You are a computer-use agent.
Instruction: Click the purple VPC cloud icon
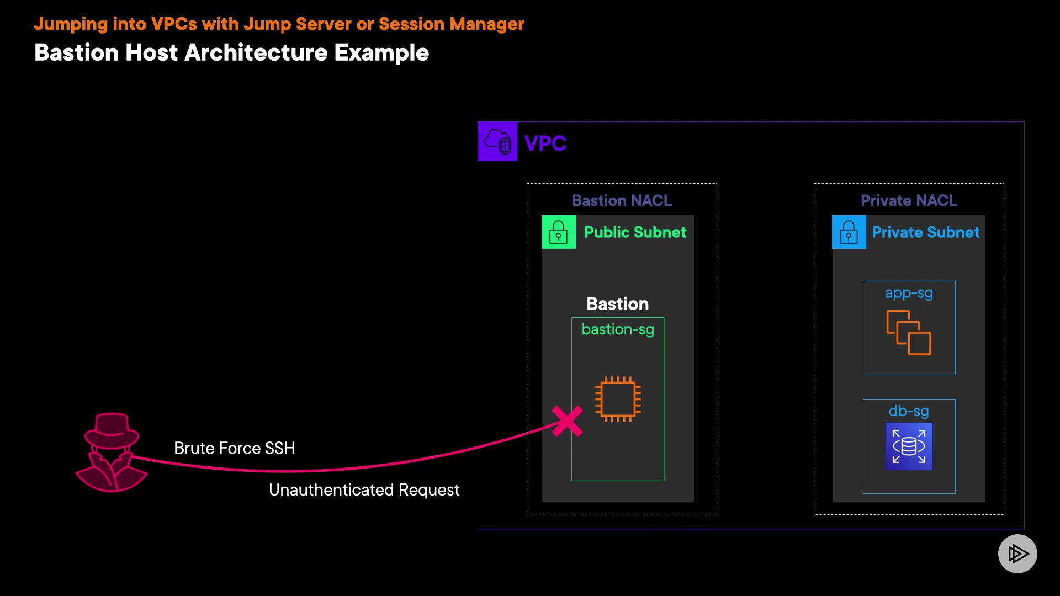point(497,141)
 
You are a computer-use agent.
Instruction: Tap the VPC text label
point(545,143)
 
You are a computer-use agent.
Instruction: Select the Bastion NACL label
point(622,200)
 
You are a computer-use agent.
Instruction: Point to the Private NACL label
point(909,200)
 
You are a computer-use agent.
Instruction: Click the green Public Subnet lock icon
point(558,232)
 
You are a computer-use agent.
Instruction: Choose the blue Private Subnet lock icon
point(849,232)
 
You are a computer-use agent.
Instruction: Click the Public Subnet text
point(635,232)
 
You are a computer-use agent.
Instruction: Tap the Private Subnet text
point(925,232)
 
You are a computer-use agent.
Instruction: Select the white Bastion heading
point(617,304)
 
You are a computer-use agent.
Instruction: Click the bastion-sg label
point(618,329)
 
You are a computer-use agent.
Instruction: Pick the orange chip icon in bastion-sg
point(618,399)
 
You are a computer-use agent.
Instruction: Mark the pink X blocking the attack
point(568,421)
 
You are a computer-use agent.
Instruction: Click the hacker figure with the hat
point(112,452)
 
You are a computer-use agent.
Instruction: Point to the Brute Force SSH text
point(234,448)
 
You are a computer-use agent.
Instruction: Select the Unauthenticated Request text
point(364,490)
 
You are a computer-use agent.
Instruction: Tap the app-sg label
point(909,293)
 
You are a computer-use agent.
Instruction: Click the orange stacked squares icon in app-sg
point(909,332)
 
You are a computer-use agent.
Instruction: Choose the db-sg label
point(909,411)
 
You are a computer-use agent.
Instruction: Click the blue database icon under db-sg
point(909,446)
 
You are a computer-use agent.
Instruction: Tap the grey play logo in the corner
point(1017,554)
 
